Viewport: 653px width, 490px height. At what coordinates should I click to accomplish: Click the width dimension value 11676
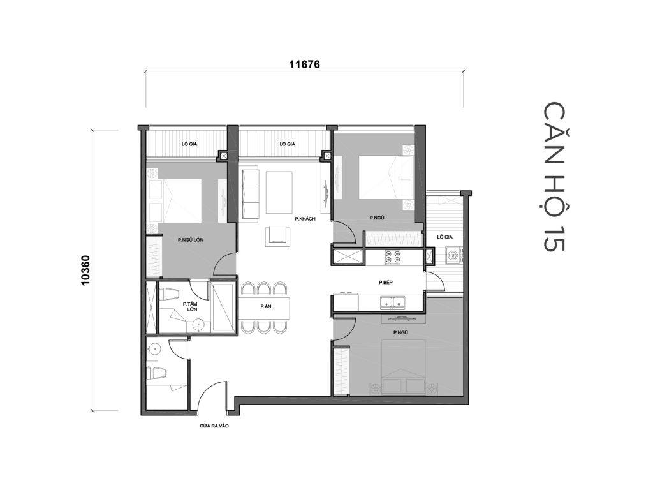tap(304, 64)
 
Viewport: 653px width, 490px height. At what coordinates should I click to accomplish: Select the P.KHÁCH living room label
tap(305, 219)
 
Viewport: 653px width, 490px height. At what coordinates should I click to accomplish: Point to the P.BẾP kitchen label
tap(386, 282)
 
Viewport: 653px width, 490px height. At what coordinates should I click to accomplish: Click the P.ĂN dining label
tap(267, 307)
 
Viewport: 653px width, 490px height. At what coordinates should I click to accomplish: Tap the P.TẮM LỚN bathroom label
tap(189, 307)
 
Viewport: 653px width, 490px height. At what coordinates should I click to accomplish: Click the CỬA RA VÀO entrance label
tap(213, 425)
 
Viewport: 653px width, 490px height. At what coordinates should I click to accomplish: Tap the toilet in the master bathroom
tap(168, 295)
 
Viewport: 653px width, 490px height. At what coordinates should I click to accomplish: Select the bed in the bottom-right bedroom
tap(400, 366)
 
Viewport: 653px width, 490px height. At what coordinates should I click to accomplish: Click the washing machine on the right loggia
tap(453, 256)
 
